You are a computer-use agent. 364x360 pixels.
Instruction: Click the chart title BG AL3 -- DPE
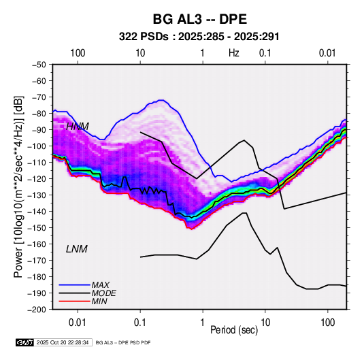[199, 19]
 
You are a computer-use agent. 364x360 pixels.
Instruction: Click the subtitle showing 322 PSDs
[199, 37]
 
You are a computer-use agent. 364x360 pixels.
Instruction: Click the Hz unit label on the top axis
[234, 53]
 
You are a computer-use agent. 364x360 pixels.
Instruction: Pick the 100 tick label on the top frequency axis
[78, 53]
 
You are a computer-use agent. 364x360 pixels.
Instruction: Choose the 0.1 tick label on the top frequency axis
[265, 53]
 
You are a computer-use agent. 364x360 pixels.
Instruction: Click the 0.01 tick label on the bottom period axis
[78, 323]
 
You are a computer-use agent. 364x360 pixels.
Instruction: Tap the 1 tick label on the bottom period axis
[203, 323]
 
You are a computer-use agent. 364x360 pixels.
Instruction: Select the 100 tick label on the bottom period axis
[327, 323]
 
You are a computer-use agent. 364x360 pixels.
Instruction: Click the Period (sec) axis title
[234, 330]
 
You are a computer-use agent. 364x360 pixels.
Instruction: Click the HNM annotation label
[78, 127]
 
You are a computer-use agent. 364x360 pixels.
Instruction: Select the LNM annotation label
[77, 249]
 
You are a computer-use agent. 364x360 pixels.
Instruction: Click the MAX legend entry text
[100, 285]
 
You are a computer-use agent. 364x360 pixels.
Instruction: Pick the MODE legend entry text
[104, 293]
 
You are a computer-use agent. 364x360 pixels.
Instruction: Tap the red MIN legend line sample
[74, 301]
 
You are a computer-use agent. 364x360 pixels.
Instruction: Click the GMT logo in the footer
[24, 342]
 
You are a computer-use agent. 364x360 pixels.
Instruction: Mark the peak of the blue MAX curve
[161, 100]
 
